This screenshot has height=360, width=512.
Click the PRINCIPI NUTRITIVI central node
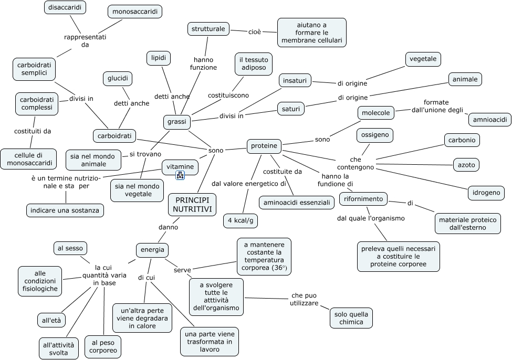[192, 205]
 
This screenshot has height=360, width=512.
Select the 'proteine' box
[264, 146]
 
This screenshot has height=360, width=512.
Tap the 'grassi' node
[176, 122]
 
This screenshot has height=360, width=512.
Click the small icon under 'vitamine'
[180, 175]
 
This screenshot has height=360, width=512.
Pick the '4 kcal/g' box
[241, 220]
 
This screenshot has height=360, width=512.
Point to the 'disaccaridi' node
[65, 7]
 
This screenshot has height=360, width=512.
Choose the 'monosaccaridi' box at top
[135, 12]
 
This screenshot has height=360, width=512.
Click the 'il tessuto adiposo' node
[254, 64]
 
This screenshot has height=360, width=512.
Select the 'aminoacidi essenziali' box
[297, 203]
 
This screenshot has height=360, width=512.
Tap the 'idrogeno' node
[486, 193]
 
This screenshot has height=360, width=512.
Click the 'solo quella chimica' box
[351, 318]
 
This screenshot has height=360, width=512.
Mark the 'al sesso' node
[70, 248]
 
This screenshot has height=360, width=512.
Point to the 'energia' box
[152, 250]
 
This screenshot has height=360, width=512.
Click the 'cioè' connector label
[255, 32]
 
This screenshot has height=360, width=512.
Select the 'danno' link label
[168, 227]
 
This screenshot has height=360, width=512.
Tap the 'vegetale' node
[423, 59]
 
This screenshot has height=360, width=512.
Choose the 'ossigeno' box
[375, 135]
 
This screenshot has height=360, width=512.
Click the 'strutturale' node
[208, 29]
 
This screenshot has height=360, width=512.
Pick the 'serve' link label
[182, 270]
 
